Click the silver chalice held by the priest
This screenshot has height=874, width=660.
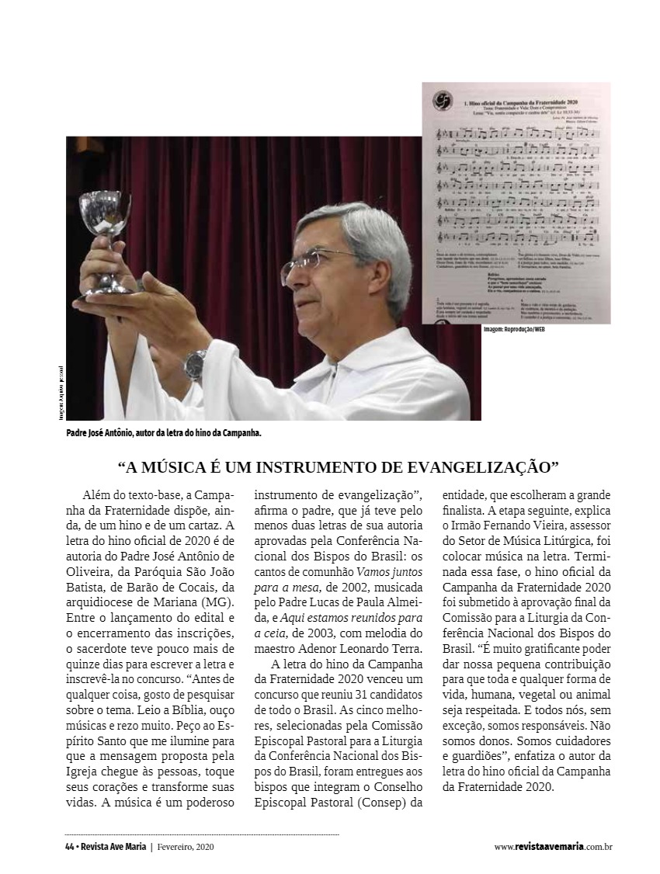[106, 241]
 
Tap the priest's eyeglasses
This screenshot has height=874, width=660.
[314, 265]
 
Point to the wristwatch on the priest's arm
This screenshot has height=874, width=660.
[196, 363]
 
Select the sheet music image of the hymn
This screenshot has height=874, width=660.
[516, 203]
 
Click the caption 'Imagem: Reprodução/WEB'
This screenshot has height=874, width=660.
[514, 330]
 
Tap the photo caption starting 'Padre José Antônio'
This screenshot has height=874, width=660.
[163, 432]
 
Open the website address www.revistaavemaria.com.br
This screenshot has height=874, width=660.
[553, 847]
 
